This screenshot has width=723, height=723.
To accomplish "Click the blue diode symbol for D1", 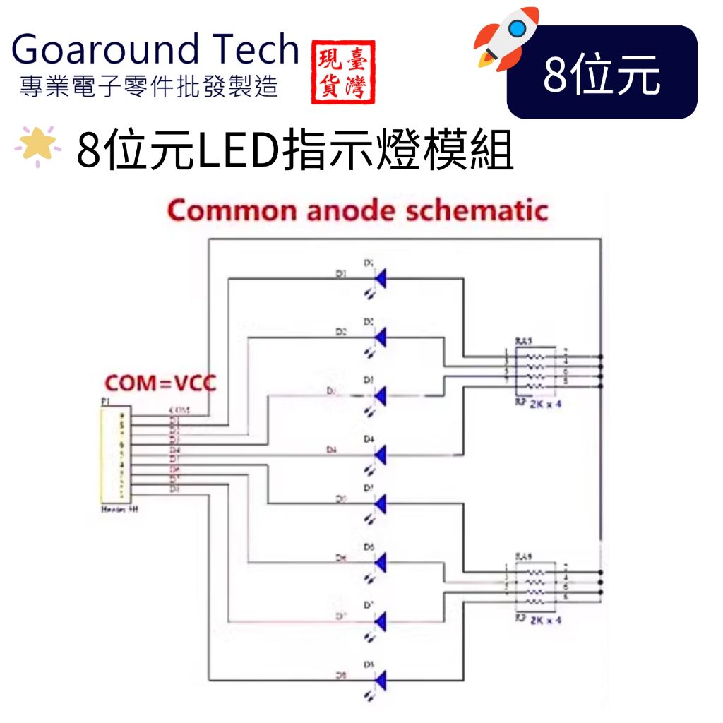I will pos(381,278).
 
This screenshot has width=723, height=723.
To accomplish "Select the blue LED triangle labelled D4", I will pos(381,454).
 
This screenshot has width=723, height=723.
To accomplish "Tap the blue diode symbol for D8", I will pos(381,680).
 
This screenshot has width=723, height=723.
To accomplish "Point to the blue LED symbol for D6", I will pos(381,563).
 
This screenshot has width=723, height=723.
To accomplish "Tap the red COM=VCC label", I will pos(160,383).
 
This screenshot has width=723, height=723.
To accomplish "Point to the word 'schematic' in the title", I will pos(480,210).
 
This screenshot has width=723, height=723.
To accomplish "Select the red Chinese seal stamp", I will pos(343,71).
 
